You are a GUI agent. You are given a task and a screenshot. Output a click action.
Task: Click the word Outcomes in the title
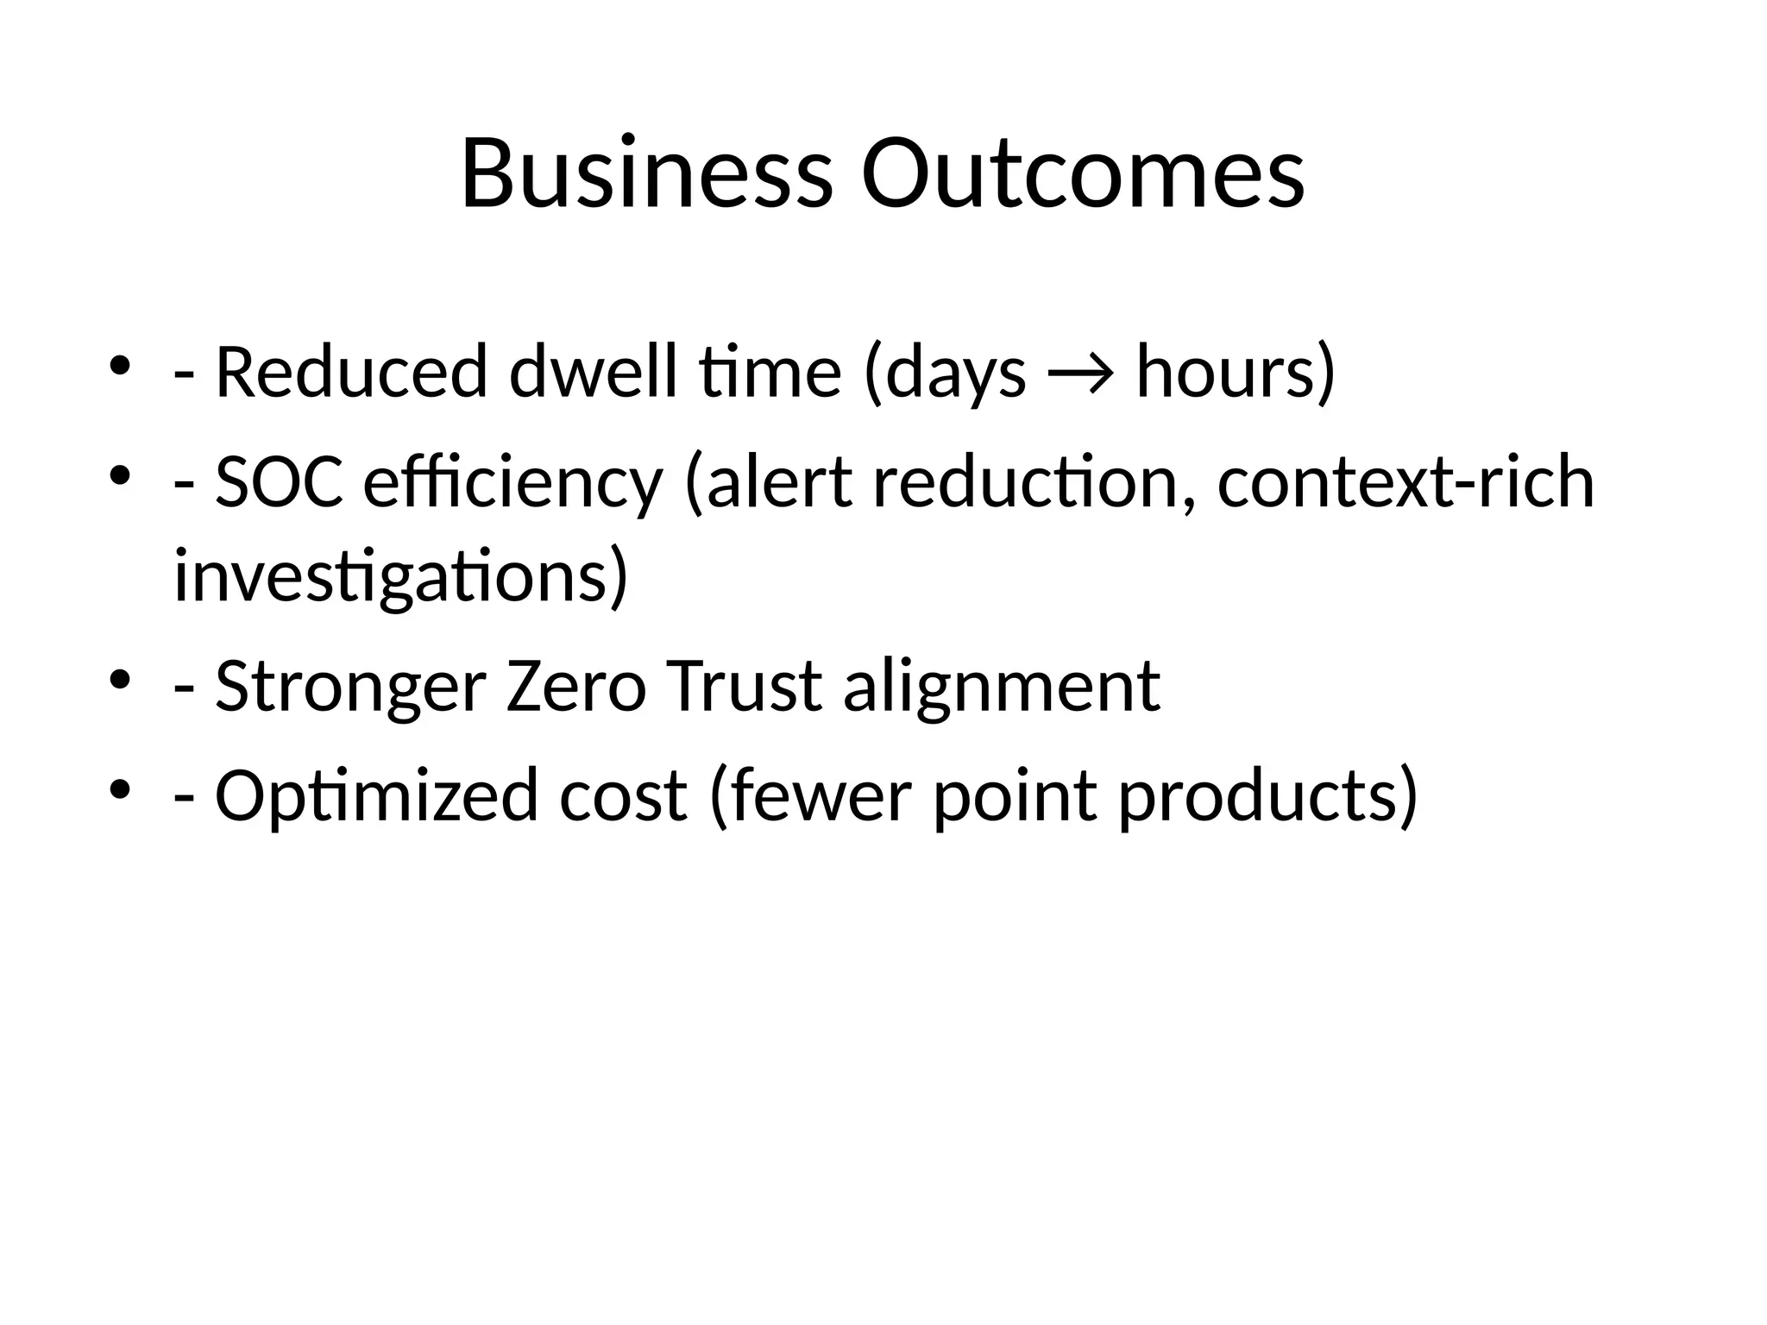tap(1083, 175)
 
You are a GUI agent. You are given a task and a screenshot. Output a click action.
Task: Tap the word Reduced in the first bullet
tap(350, 373)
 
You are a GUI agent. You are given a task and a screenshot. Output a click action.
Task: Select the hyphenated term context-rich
tap(1405, 483)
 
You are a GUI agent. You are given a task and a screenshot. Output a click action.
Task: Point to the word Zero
tap(575, 687)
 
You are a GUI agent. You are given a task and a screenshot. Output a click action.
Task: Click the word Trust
tap(743, 687)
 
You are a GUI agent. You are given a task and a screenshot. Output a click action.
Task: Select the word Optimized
tap(376, 796)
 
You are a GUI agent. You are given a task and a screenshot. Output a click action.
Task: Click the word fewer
tap(820, 796)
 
